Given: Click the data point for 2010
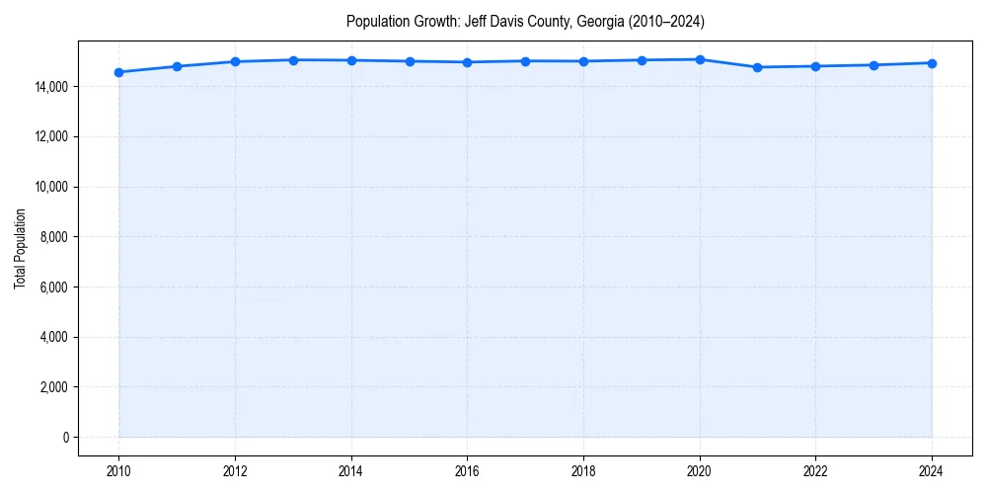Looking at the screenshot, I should tap(118, 72).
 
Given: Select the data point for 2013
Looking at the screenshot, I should tap(293, 60).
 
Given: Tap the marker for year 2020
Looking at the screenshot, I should tap(700, 59).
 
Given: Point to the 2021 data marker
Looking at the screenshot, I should tap(758, 67).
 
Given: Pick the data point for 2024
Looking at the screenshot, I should tap(932, 63).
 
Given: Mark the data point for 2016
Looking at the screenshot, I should tap(468, 62).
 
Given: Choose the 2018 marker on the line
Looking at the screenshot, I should tap(583, 61).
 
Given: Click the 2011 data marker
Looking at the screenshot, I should tap(177, 66).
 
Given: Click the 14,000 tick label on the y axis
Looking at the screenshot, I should tap(48, 87).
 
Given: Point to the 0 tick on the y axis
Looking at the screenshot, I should tap(65, 437).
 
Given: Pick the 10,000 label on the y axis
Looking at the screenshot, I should tap(48, 187).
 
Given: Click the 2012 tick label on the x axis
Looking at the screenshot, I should tap(235, 470).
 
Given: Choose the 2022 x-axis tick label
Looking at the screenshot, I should tap(816, 470).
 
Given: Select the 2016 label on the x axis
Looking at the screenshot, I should tap(468, 470).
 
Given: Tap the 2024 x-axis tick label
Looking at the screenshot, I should tap(932, 470).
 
